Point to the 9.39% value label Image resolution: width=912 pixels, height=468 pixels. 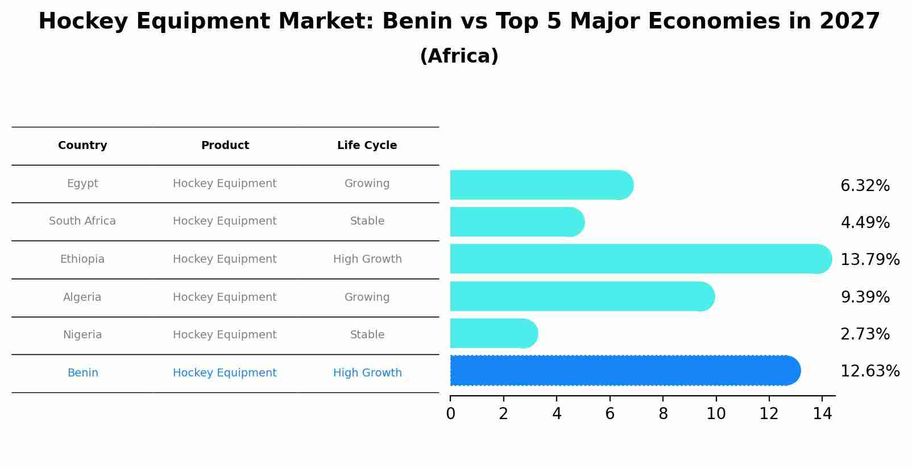[865, 297]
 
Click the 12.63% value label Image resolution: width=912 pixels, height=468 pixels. [869, 371]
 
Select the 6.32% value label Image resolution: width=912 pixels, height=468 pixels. [865, 186]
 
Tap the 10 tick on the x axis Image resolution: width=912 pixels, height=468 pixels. [716, 414]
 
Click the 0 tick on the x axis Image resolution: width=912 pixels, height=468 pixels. [450, 414]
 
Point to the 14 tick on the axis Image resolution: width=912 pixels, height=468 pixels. [822, 414]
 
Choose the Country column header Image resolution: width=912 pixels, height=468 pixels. [82, 146]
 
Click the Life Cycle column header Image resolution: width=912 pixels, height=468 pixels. [367, 146]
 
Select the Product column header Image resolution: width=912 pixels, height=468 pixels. [225, 146]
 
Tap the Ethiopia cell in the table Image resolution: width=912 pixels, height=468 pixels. [82, 259]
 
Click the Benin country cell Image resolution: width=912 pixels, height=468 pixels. [82, 373]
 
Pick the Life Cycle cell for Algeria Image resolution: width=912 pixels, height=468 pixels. [367, 297]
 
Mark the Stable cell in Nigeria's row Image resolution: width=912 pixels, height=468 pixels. [367, 335]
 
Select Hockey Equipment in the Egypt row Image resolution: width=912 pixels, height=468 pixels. [225, 184]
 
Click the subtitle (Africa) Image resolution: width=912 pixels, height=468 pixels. [459, 56]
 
